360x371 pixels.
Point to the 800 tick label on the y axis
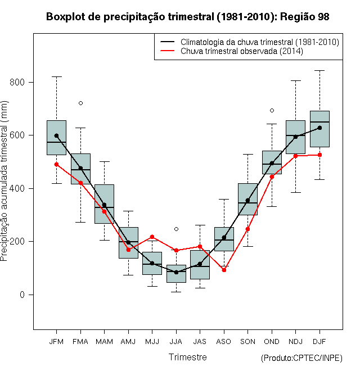tap(17, 82)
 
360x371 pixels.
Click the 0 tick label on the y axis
tap(22, 295)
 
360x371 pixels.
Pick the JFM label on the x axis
tap(56, 342)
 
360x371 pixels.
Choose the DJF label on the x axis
tap(319, 342)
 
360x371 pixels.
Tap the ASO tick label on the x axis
tap(224, 342)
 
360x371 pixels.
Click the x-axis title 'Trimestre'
tap(187, 357)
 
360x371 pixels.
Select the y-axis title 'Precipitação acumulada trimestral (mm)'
tap(4, 181)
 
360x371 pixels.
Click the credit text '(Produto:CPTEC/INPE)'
tap(301, 358)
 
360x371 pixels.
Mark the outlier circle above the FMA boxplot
tap(81, 103)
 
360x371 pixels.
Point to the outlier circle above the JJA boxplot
tap(176, 229)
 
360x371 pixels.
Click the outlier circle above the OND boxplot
tap(272, 111)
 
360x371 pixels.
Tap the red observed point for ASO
tap(224, 270)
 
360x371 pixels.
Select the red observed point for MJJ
tap(152, 237)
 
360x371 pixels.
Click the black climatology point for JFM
tap(56, 135)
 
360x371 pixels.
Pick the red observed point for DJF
tap(319, 155)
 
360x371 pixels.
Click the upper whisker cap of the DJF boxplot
tap(319, 70)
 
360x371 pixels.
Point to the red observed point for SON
tap(247, 229)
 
